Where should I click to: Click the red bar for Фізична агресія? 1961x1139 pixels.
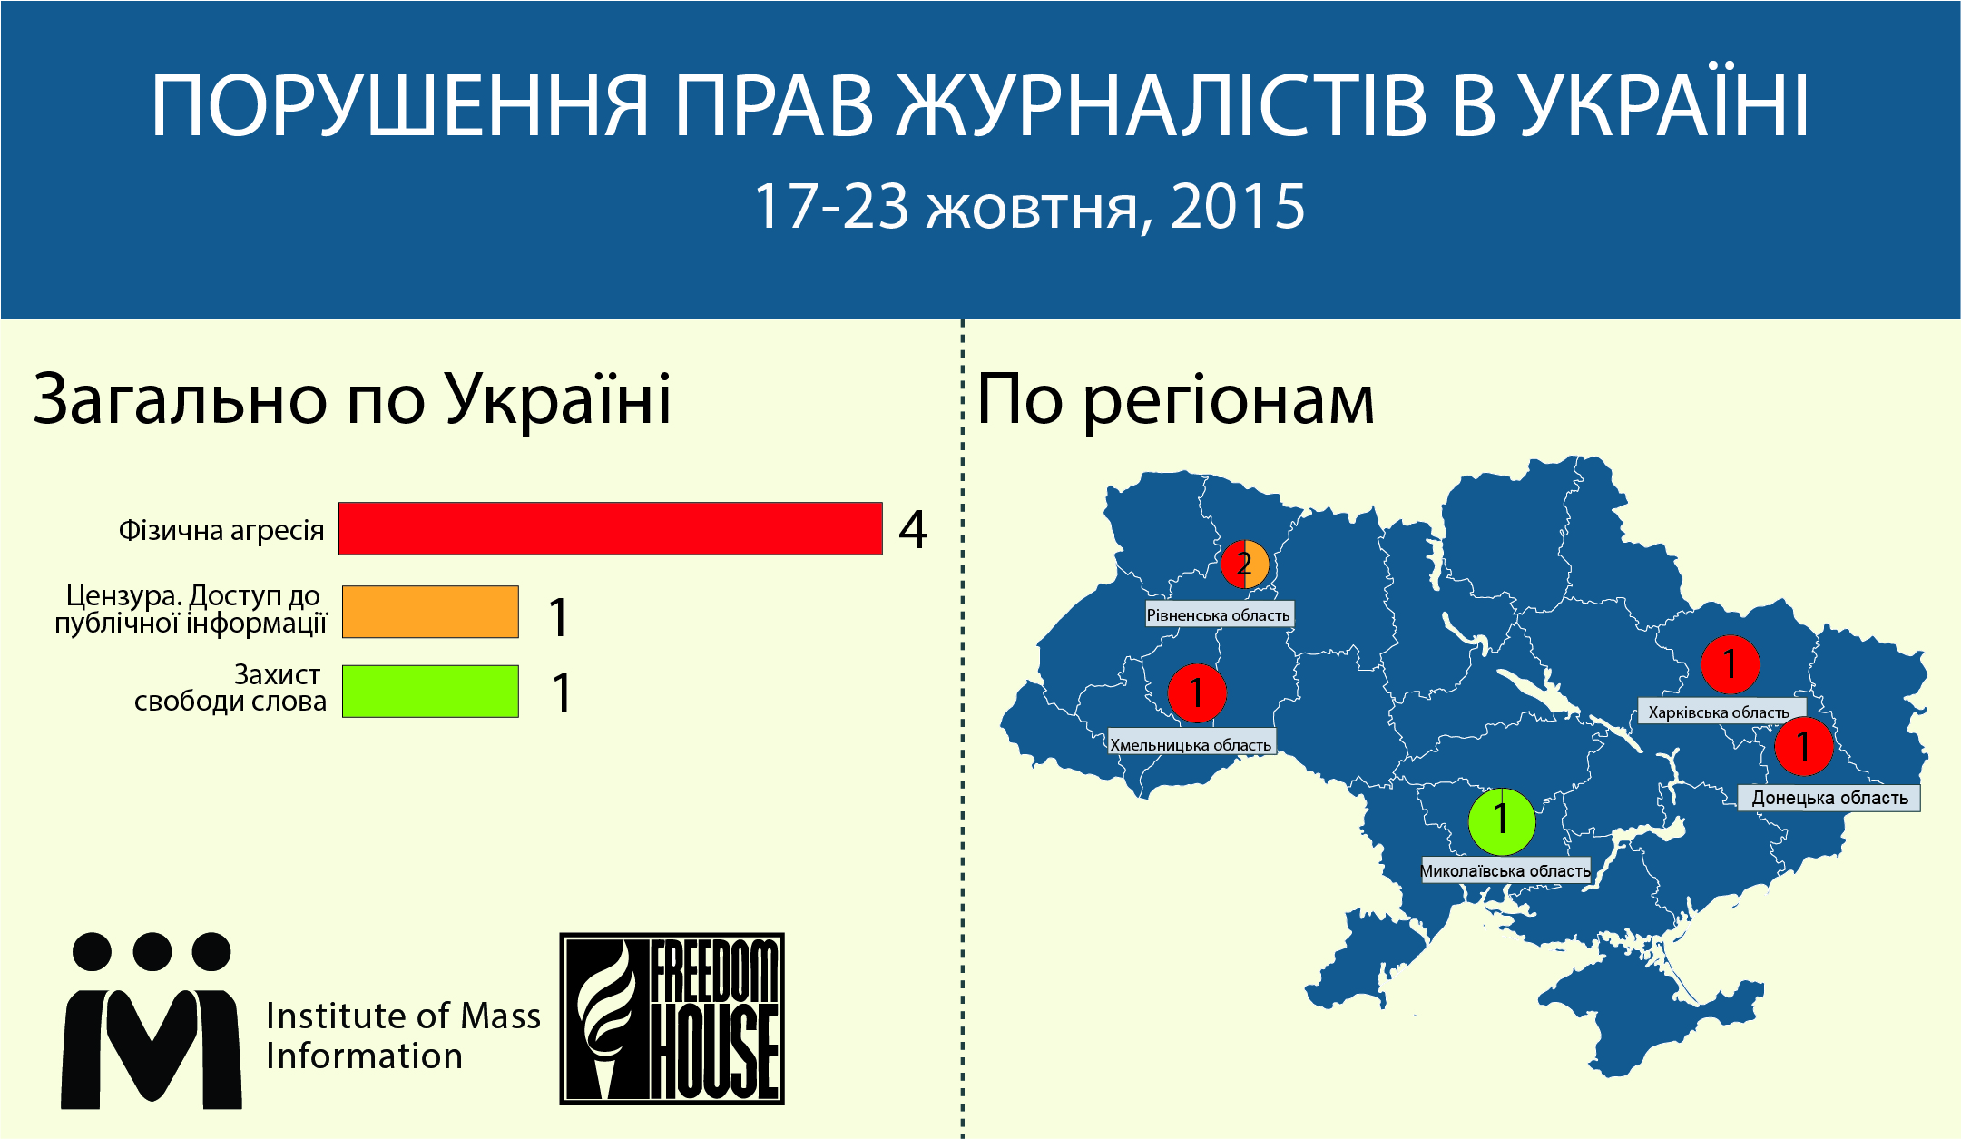coord(611,528)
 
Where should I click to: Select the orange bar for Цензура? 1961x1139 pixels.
coord(430,612)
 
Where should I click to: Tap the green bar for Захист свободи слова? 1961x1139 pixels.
coord(430,692)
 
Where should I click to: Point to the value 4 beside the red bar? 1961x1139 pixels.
coord(913,530)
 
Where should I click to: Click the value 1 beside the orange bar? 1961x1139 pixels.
coord(559,617)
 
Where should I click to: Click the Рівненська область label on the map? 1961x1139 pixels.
coord(1219,614)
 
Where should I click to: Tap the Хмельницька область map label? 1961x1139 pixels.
coord(1191,744)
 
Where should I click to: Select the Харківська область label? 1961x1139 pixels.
coord(1720,712)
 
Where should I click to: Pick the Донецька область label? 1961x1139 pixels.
coord(1829,798)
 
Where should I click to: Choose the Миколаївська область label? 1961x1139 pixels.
coord(1505,870)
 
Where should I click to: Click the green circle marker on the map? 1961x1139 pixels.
coord(1502,821)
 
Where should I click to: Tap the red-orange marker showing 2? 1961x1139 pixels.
coord(1245,564)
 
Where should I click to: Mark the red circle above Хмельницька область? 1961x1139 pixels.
coord(1197,693)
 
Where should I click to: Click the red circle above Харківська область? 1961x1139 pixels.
coord(1731,664)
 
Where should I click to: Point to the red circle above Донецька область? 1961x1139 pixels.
coord(1804,746)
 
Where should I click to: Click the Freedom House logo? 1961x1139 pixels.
coord(672,1018)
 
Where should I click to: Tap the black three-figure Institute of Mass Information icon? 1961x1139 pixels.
coord(152,1020)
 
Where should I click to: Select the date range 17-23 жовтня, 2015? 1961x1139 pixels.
coord(1029,207)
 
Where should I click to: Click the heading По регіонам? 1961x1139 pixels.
coord(1175,401)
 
